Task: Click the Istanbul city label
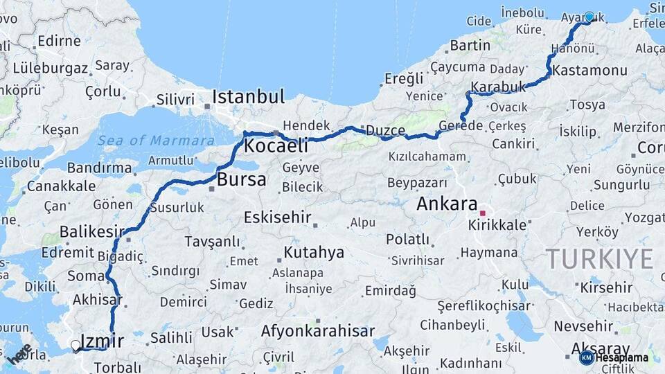pyautogui.click(x=248, y=96)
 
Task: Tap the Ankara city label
pyautogui.click(x=447, y=204)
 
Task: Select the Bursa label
pyautogui.click(x=241, y=180)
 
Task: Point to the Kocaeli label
pyautogui.click(x=276, y=146)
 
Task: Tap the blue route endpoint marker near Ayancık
pyautogui.click(x=589, y=17)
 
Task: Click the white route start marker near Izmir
pyautogui.click(x=76, y=344)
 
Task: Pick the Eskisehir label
pyautogui.click(x=277, y=217)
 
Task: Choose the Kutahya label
pyautogui.click(x=314, y=252)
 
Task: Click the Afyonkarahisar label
pyautogui.click(x=317, y=331)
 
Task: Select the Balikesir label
pyautogui.click(x=92, y=231)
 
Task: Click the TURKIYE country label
pyautogui.click(x=600, y=259)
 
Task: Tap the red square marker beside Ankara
pyautogui.click(x=483, y=213)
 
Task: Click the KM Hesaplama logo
pyautogui.click(x=614, y=357)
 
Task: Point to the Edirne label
pyautogui.click(x=59, y=41)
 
